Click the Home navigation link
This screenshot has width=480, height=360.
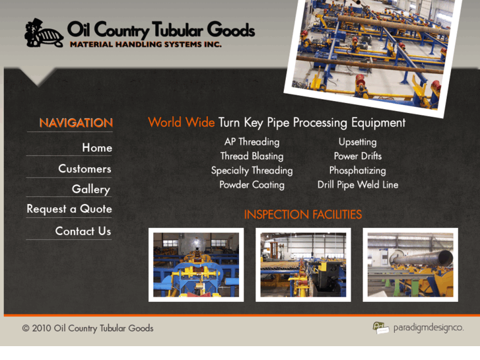[96, 148]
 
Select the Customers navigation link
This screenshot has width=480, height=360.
[85, 168]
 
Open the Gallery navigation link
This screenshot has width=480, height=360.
[90, 189]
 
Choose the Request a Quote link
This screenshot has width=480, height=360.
[69, 209]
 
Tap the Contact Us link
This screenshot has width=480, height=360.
[83, 231]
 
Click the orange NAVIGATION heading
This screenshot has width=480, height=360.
[76, 123]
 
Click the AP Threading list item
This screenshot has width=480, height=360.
[252, 142]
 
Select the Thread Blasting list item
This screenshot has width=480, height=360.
[252, 157]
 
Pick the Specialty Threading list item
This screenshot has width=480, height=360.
[252, 170]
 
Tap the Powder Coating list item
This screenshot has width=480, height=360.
[252, 185]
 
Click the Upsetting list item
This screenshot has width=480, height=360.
[357, 142]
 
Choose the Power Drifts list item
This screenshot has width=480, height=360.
[357, 157]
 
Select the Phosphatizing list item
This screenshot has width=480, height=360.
[357, 170]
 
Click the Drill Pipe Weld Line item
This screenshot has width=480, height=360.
[357, 185]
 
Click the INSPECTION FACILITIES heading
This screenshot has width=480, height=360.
[302, 215]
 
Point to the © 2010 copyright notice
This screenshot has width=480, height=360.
[88, 328]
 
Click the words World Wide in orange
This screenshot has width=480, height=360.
[181, 123]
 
